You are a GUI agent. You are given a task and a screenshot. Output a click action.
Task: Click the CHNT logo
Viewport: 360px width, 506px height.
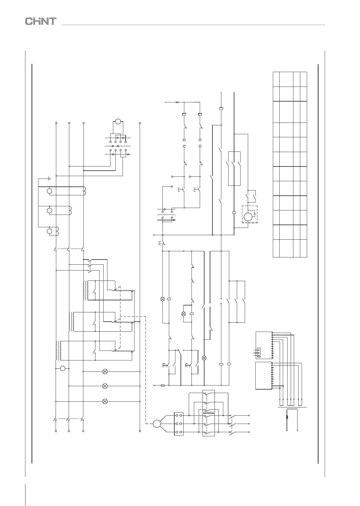pos(40,21)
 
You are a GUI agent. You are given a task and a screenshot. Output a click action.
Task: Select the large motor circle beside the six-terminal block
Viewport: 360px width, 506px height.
pos(157,424)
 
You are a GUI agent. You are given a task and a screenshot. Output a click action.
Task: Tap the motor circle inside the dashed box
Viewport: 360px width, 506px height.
pos(248,216)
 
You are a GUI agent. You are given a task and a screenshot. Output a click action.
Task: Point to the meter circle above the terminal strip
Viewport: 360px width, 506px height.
pos(118,122)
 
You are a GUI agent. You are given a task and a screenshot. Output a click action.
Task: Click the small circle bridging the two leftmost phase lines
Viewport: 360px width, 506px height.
pos(62,368)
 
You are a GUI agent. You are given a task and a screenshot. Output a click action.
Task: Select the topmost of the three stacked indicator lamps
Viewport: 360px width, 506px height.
pos(105,371)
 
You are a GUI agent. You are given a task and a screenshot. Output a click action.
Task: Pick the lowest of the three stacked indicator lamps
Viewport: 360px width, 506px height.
pos(105,401)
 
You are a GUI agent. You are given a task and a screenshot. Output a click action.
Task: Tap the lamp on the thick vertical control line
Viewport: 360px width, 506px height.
pos(205,358)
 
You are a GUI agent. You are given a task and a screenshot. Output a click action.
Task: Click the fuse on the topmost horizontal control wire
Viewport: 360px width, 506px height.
pos(177,102)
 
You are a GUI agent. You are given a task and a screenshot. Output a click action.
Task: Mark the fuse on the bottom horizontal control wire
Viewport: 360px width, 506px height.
pos(163,385)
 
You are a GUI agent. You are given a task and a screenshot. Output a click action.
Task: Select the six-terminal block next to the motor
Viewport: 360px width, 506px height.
pos(179,424)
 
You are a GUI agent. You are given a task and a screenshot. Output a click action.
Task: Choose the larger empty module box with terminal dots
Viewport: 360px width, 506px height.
pos(264,376)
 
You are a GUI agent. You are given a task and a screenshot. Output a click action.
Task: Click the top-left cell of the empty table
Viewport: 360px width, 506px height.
pos(276,79)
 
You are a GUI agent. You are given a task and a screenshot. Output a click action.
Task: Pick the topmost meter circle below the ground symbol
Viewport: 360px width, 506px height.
pos(50,191)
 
